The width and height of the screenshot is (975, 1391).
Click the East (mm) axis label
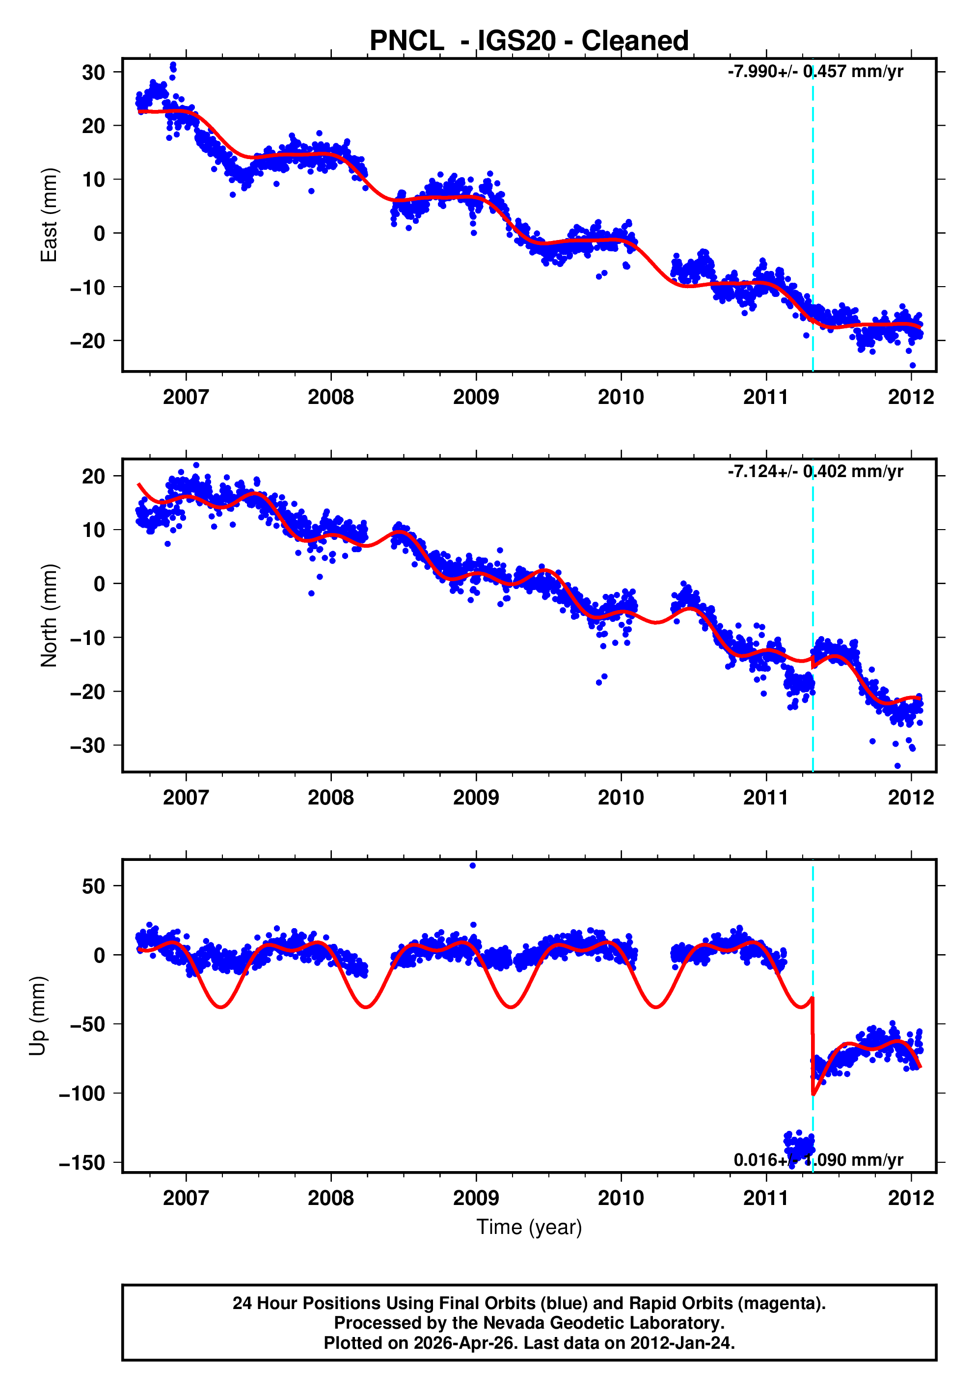(49, 215)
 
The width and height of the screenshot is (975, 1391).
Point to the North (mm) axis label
(49, 615)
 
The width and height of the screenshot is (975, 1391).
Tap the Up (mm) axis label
(38, 1016)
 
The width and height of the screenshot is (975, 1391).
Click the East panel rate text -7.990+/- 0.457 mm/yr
(815, 72)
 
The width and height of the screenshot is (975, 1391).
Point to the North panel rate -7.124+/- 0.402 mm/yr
(815, 471)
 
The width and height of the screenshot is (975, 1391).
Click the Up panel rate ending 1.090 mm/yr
(818, 1159)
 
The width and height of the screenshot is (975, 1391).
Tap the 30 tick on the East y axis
(93, 73)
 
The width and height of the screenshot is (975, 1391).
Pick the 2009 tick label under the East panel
(476, 398)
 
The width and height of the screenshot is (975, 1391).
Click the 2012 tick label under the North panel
(911, 797)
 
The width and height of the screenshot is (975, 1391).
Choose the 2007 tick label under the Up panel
(186, 1198)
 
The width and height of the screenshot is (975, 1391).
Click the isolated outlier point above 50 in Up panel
(473, 866)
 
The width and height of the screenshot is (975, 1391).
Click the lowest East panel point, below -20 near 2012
(913, 365)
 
